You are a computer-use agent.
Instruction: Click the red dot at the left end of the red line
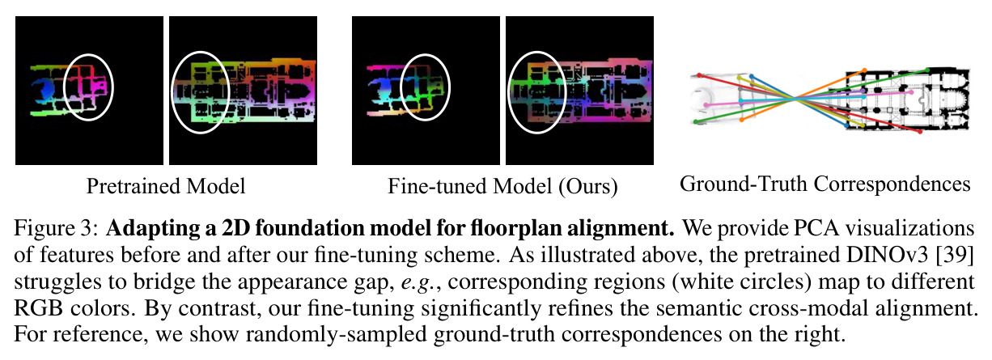pyautogui.click(x=699, y=75)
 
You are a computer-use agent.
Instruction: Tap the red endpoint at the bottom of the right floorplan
pyautogui.click(x=920, y=132)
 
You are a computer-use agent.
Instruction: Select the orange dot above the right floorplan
pyautogui.click(x=864, y=70)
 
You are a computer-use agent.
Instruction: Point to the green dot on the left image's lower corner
pyautogui.click(x=696, y=121)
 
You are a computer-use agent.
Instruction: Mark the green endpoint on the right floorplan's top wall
pyautogui.click(x=928, y=70)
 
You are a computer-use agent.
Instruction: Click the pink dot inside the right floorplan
pyautogui.click(x=911, y=92)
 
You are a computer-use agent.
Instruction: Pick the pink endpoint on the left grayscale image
pyautogui.click(x=706, y=105)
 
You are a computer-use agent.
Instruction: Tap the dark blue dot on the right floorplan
pyautogui.click(x=846, y=125)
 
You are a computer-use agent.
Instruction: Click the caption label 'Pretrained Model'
pyautogui.click(x=166, y=186)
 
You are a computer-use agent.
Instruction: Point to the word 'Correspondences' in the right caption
pyautogui.click(x=892, y=184)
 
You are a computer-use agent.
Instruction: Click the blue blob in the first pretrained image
pyautogui.click(x=45, y=90)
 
